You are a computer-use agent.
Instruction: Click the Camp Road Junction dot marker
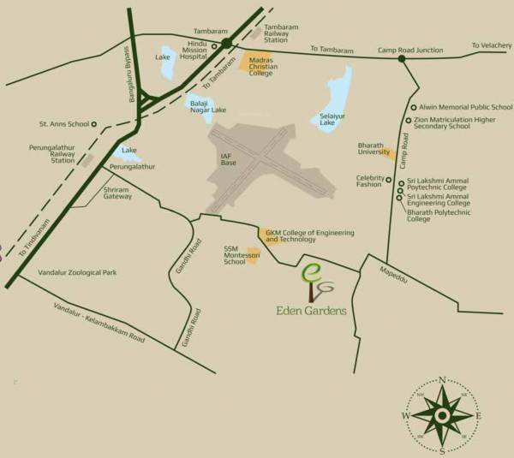tap(401, 59)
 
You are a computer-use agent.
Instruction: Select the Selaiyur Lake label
tap(332, 119)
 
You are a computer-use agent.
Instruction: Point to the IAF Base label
tap(228, 158)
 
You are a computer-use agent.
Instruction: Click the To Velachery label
tap(491, 45)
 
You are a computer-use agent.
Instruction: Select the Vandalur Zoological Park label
tap(78, 272)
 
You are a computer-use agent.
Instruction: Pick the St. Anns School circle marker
tap(93, 123)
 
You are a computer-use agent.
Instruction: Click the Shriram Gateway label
tap(118, 193)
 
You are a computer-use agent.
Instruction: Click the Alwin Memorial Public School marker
tap(410, 108)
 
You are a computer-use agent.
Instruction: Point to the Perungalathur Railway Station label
tap(63, 153)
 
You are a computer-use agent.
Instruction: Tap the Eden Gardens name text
tap(312, 310)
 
